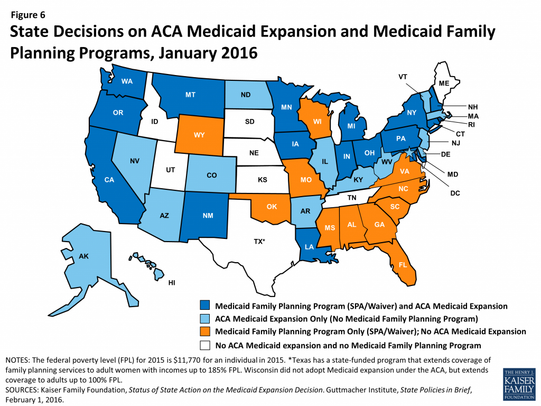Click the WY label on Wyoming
199,135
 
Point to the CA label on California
109,180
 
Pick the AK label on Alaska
83,256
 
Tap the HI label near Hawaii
172,283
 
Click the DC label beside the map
455,193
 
